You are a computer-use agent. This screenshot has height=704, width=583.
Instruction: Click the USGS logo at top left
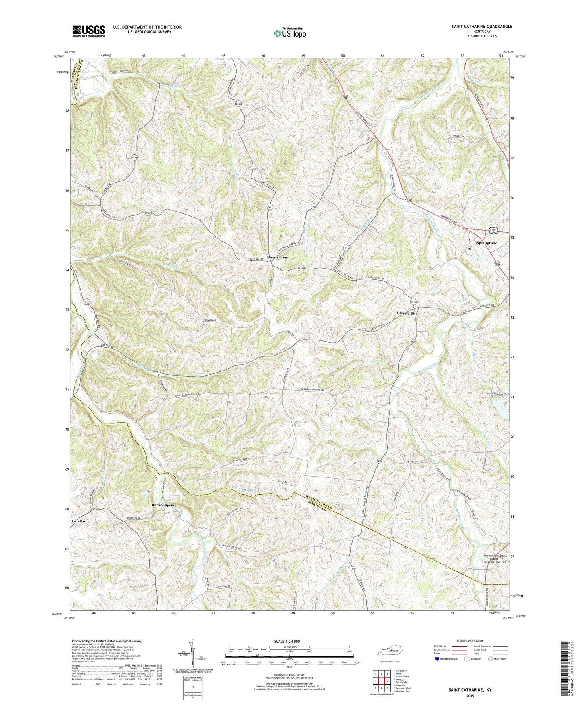click(x=88, y=31)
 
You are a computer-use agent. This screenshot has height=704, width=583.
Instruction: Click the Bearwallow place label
click(x=278, y=257)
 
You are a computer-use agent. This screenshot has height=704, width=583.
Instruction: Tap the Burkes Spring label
click(x=163, y=505)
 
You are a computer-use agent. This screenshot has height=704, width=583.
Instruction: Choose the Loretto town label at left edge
click(x=78, y=521)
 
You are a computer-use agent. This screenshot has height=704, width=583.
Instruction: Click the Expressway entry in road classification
click(x=440, y=646)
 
